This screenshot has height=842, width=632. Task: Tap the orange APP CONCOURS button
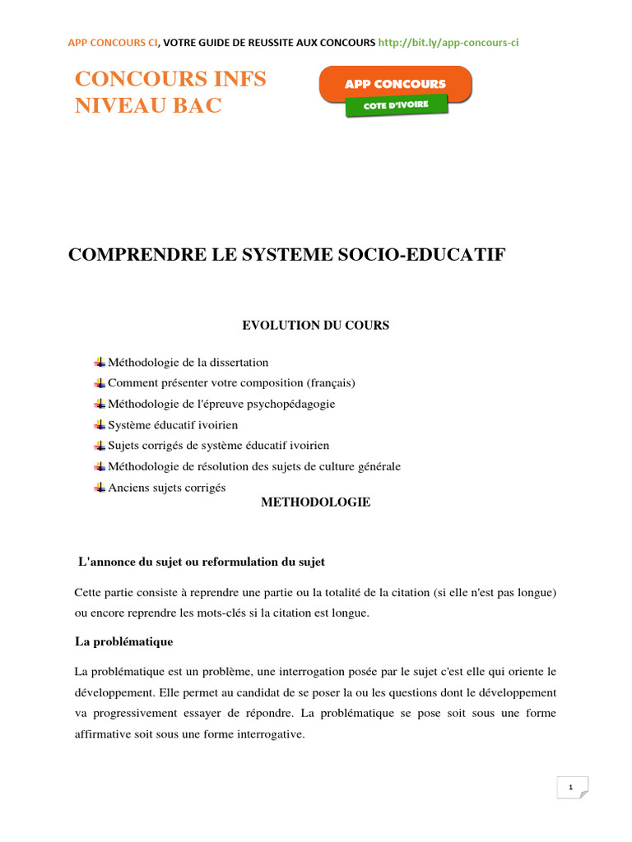tap(395, 84)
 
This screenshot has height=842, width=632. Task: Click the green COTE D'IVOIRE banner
tap(396, 106)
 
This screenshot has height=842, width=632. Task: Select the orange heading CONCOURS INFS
tap(170, 79)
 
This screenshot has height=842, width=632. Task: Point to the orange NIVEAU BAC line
tap(148, 105)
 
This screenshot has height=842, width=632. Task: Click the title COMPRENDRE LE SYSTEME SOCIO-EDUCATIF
tap(286, 256)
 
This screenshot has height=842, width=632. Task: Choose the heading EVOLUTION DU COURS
tap(315, 326)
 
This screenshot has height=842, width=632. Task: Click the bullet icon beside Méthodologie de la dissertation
tap(100, 362)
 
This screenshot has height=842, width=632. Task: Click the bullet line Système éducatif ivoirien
tap(173, 425)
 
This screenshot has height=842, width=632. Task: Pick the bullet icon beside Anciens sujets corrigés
tap(100, 487)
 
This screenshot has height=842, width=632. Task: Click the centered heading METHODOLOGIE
tap(315, 502)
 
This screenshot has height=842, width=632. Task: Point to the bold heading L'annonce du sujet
tap(201, 562)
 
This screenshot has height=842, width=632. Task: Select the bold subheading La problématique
tap(123, 641)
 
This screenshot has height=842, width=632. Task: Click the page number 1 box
tap(571, 788)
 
